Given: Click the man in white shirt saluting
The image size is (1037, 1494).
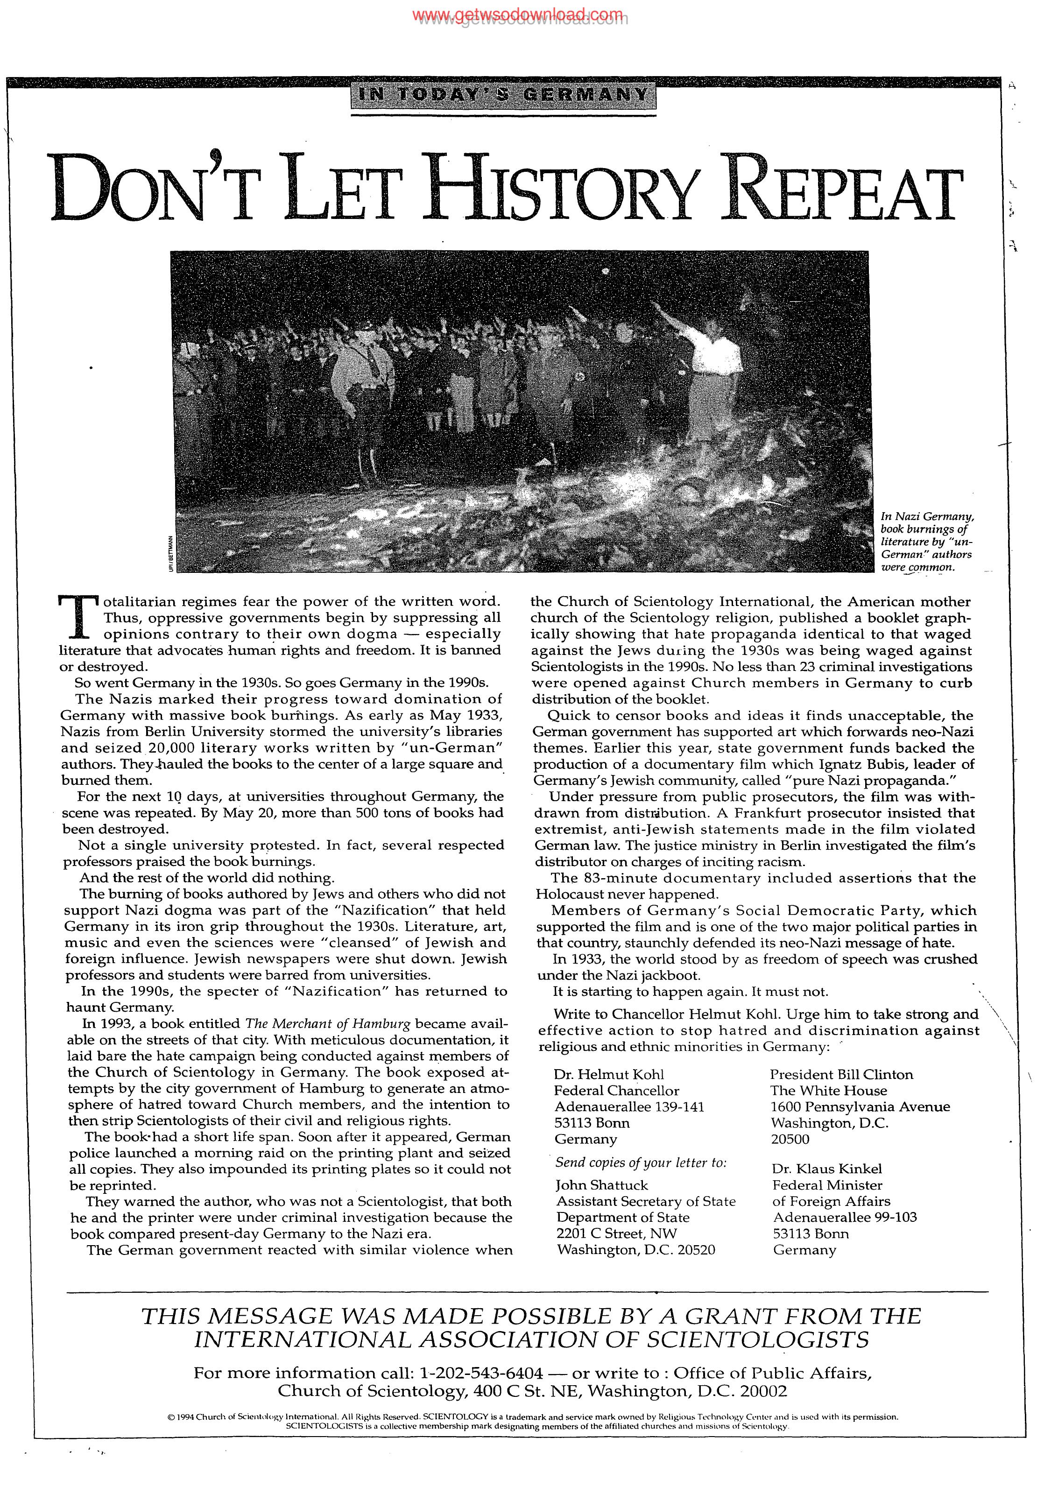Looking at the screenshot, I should coord(715,364).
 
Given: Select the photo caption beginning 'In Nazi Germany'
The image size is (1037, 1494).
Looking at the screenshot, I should coord(927,542).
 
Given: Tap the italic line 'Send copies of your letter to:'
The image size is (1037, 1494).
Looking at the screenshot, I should coord(640,1163).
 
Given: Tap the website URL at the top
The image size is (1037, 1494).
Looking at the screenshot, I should coord(518,15).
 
